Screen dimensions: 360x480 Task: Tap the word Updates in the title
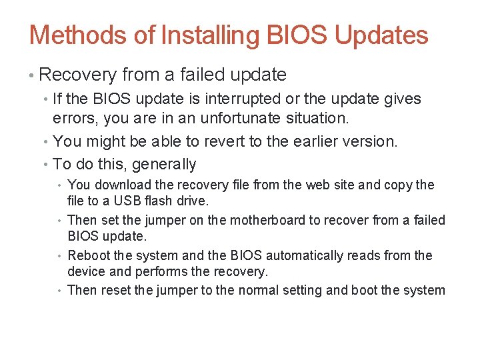click(x=381, y=35)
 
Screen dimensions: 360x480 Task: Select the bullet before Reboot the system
click(x=60, y=255)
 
